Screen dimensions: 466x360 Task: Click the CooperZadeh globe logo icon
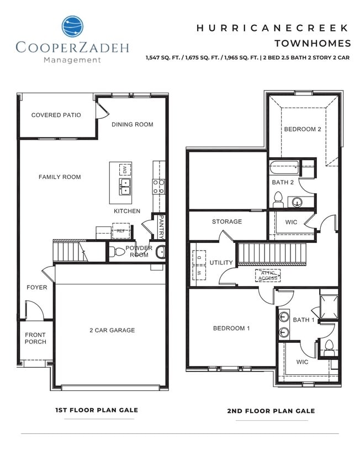coord(72,27)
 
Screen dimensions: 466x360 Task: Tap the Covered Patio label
coord(56,115)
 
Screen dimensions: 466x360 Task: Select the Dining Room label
coord(133,124)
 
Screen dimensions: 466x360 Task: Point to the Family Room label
coord(60,177)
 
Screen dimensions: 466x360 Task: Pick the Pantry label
coord(161,226)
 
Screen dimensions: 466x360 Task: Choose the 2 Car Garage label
coord(112,330)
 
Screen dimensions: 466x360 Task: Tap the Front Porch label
coord(35,338)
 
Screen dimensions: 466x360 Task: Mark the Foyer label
coord(37,287)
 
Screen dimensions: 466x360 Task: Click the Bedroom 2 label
coord(303,129)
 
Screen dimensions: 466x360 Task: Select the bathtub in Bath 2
coord(284,166)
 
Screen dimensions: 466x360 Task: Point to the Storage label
coord(227,221)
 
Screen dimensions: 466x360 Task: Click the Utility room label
coord(221,262)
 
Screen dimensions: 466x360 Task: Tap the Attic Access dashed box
coord(268,276)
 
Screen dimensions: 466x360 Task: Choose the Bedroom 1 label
coord(232,328)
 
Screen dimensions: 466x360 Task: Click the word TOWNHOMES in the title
coord(313,43)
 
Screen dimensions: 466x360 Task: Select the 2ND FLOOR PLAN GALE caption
coord(271,411)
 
